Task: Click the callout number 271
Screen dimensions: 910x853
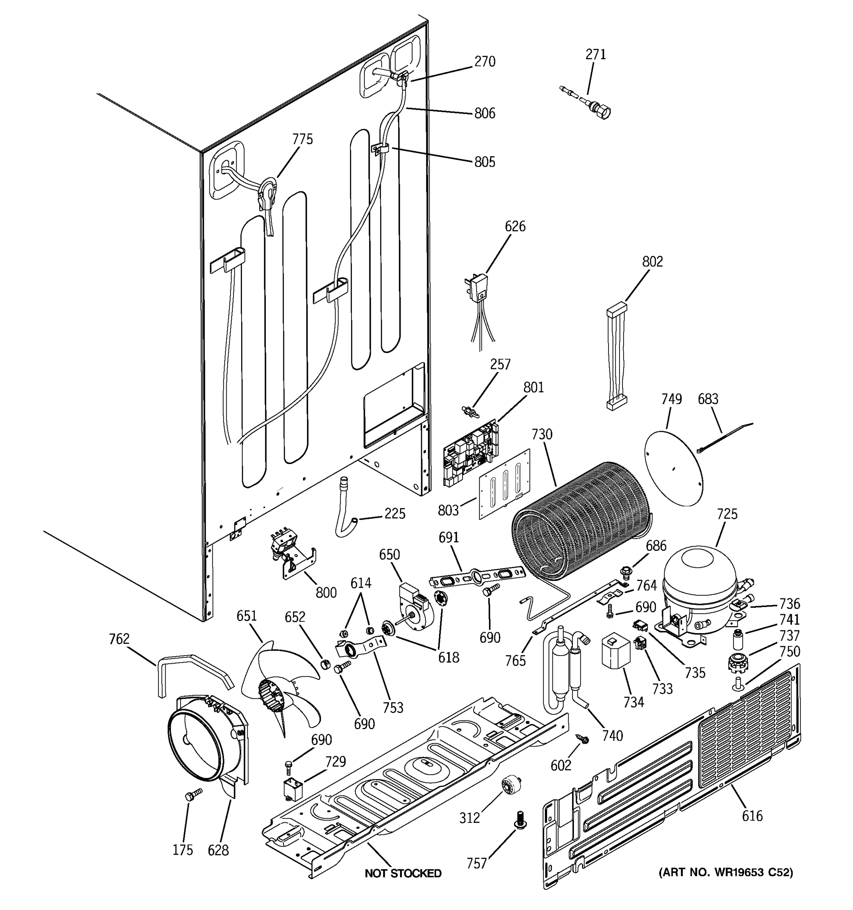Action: (x=595, y=55)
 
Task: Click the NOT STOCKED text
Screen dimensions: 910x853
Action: (x=403, y=873)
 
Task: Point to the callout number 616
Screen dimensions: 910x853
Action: (x=752, y=816)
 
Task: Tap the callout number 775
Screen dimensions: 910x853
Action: (x=303, y=139)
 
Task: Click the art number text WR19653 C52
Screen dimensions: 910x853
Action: (x=725, y=872)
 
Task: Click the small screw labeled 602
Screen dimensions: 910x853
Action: (x=582, y=738)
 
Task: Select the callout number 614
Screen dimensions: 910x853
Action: (x=361, y=583)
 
